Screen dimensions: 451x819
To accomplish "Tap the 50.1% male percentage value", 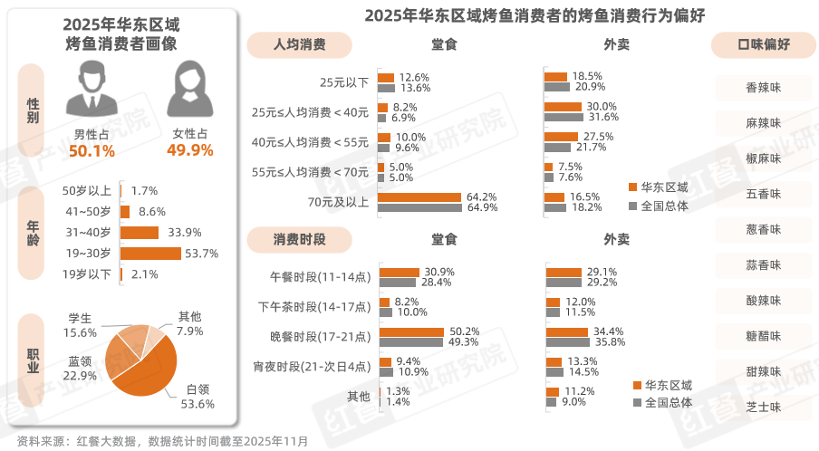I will click(92, 150).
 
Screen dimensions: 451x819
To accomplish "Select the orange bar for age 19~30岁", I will click(150, 254).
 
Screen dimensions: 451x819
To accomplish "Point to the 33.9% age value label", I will click(179, 232).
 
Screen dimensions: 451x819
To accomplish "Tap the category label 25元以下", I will click(343, 82).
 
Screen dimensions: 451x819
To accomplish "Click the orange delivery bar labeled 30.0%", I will click(564, 107).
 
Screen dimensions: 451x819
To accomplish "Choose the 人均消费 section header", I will click(299, 43).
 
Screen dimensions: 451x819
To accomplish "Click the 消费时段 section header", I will click(299, 239).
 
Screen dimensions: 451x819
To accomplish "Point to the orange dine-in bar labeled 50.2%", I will click(411, 331).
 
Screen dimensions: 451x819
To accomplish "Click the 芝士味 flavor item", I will click(763, 408).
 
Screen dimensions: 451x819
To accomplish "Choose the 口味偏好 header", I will click(764, 44).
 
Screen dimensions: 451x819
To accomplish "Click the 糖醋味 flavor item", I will click(763, 336).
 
